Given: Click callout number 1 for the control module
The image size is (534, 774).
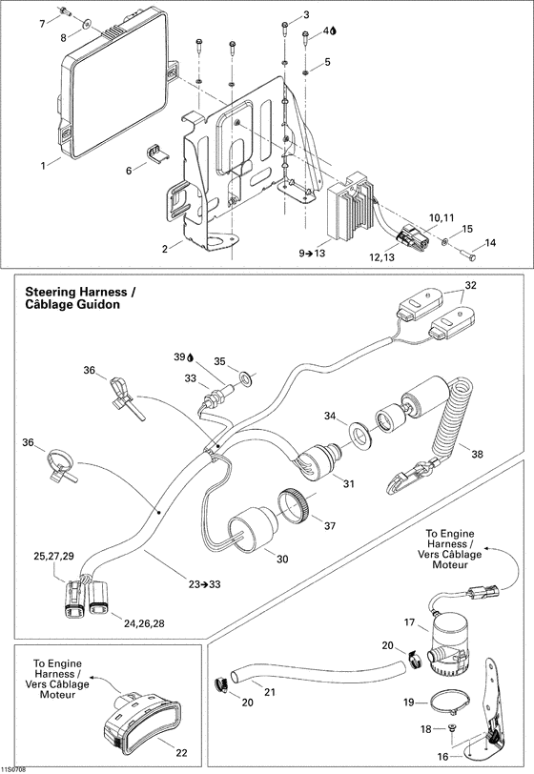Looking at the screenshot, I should click(x=43, y=165).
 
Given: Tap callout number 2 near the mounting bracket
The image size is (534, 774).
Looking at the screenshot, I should click(x=165, y=248).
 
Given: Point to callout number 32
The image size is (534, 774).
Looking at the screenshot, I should click(x=470, y=284).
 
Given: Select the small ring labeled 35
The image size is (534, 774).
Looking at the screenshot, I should click(x=246, y=380).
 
